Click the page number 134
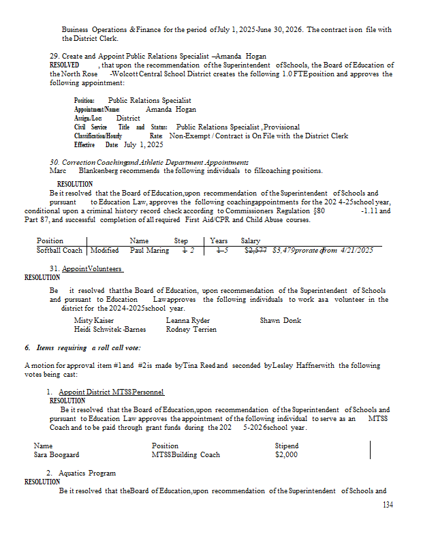click(388, 505)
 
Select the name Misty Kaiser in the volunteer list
click(93, 320)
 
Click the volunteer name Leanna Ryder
click(188, 320)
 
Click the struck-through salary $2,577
click(255, 250)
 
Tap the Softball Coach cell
click(60, 250)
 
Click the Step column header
click(181, 240)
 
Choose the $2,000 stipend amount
click(286, 455)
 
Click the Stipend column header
click(287, 446)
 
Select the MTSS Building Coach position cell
click(186, 455)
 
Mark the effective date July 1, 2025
click(143, 144)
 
